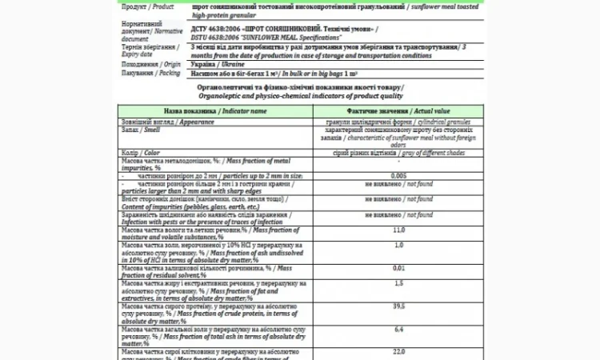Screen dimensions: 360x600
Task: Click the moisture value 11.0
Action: pyautogui.click(x=398, y=230)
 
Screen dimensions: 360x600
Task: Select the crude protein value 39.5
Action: pyautogui.click(x=398, y=306)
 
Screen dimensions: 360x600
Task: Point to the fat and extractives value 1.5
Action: pyautogui.click(x=398, y=284)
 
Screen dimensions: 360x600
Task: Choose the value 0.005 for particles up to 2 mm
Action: pyautogui.click(x=398, y=175)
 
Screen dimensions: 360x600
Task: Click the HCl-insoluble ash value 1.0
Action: pyautogui.click(x=398, y=245)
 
